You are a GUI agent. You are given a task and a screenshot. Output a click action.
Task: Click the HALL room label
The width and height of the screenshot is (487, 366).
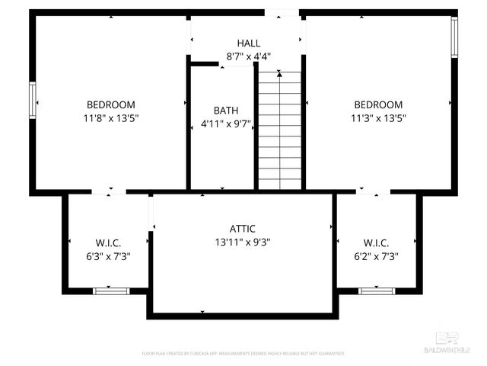point(249,43)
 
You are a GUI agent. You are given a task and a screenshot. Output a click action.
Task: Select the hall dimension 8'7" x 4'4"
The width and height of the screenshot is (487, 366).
point(249,56)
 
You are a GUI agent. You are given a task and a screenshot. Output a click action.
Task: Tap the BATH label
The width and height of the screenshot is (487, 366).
point(226,111)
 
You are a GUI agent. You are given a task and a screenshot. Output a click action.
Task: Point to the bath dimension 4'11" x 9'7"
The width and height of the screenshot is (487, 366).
point(226,124)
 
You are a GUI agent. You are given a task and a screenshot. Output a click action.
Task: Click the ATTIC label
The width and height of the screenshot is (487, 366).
point(243,229)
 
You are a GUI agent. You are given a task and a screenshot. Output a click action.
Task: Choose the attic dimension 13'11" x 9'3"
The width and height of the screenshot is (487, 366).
point(243,242)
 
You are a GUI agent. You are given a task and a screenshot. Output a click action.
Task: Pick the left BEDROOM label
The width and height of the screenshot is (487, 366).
point(111,104)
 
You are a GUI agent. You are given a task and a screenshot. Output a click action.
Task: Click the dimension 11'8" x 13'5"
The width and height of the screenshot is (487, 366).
point(111,118)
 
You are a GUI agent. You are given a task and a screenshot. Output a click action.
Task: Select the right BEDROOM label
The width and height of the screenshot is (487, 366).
point(378,104)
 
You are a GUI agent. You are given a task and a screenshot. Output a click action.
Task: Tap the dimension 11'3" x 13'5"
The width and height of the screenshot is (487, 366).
point(378,118)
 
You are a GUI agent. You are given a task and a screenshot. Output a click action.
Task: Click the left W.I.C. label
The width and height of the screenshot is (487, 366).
point(109,243)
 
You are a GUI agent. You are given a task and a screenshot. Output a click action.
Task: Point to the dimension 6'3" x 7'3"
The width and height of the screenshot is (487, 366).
point(109,257)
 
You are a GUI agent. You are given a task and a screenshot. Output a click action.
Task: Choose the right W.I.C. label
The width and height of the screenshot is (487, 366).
point(376,243)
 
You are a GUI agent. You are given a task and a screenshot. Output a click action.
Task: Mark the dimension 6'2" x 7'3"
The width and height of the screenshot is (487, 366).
point(376,257)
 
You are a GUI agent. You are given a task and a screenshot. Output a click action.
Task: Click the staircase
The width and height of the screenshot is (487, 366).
point(280,130)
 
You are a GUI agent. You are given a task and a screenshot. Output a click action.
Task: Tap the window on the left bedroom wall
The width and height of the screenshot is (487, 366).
point(33,100)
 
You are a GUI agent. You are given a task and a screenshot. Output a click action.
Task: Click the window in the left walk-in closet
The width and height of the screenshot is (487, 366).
point(111,291)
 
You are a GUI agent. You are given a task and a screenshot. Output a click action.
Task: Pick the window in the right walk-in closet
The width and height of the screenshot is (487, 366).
point(377,291)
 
